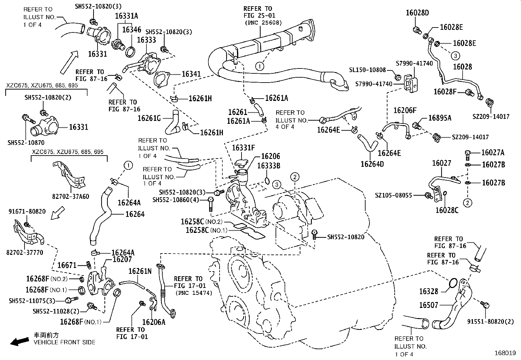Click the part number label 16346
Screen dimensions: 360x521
[132, 30]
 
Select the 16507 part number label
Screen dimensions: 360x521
[428, 305]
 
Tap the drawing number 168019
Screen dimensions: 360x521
[505, 353]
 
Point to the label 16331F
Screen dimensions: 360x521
[243, 148]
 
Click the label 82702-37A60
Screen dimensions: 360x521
[71, 197]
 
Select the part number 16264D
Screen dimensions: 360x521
[372, 163]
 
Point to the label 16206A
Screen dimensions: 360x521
[153, 322]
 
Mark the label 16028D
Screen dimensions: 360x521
[417, 13]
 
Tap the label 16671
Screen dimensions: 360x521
[67, 265]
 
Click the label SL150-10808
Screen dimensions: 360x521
[367, 70]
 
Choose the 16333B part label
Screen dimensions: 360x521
[269, 166]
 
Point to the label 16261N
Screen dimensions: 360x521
[140, 271]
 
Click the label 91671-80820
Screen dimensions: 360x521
[27, 212]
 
